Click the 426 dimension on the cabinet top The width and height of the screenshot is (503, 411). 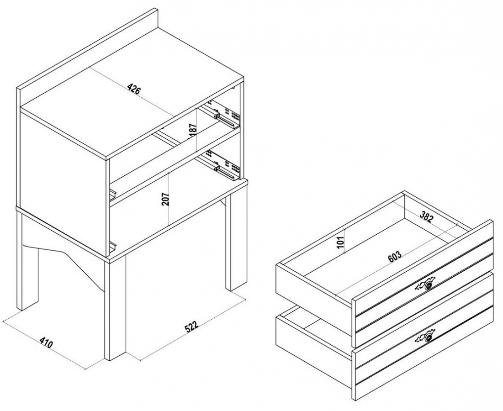(134, 89)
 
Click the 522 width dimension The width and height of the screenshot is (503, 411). (192, 326)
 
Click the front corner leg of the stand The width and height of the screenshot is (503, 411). (115, 307)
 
